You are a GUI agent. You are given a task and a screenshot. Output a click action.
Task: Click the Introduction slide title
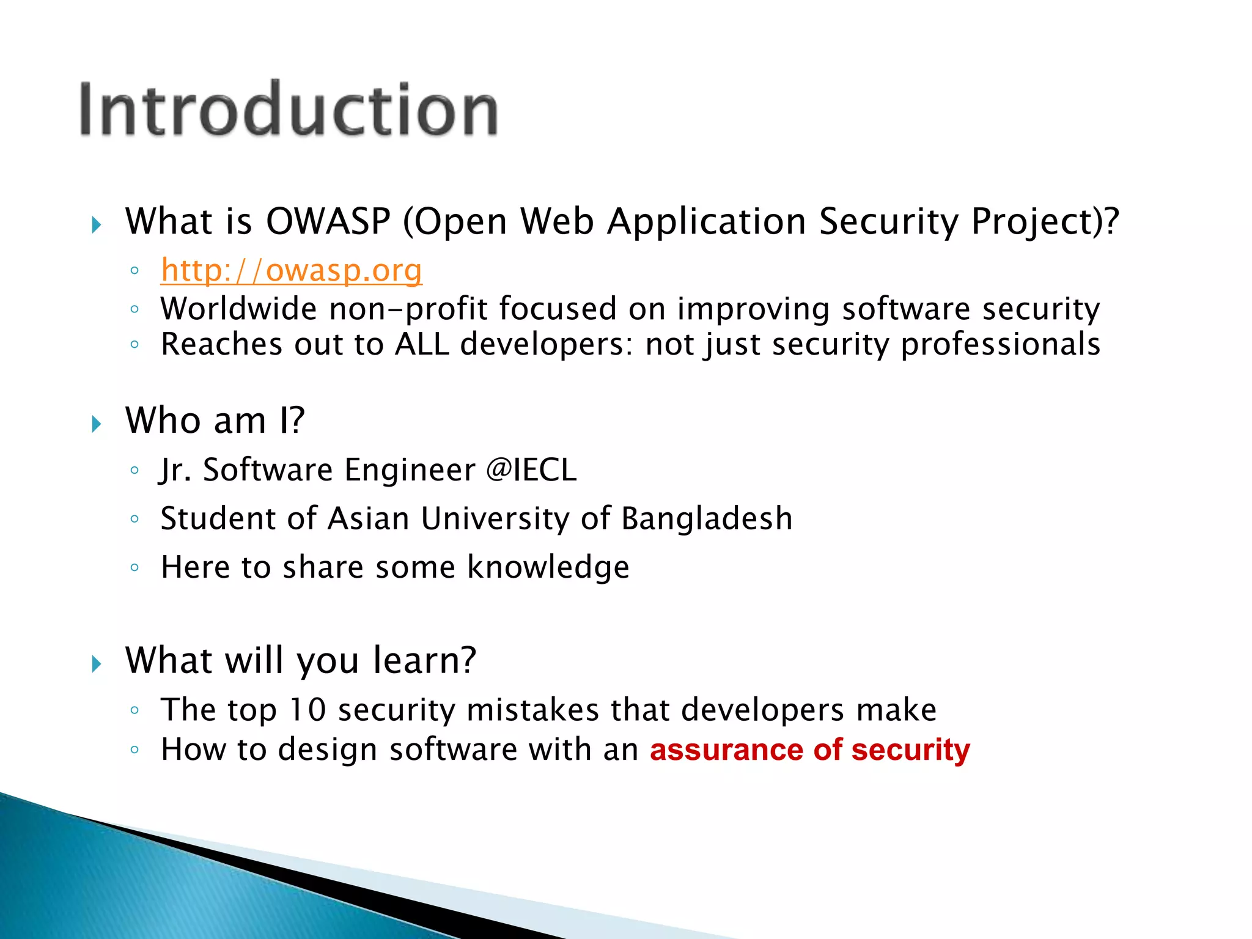point(289,110)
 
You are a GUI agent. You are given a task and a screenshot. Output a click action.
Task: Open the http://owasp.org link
point(291,270)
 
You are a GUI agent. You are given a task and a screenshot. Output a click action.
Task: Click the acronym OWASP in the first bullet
point(328,221)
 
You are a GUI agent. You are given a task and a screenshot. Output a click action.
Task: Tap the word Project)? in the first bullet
point(1045,221)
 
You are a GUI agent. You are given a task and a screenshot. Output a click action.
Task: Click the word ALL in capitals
point(422,344)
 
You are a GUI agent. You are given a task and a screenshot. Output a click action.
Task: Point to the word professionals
point(1000,344)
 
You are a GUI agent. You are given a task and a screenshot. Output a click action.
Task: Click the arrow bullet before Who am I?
point(97,424)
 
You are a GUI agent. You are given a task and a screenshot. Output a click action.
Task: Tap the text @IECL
point(531,470)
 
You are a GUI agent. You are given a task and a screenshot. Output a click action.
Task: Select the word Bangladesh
point(707,519)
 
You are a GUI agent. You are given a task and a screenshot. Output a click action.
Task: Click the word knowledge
point(548,567)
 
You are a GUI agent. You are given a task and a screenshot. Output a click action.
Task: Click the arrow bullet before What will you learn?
point(97,663)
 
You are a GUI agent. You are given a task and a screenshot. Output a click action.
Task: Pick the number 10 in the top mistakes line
point(307,710)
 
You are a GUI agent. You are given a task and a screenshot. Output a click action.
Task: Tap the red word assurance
point(726,750)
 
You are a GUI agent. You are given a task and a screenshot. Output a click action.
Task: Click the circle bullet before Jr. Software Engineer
point(135,470)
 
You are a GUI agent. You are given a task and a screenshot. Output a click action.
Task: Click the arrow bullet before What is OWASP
point(97,225)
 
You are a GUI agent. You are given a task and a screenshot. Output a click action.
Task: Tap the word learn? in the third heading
point(424,660)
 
